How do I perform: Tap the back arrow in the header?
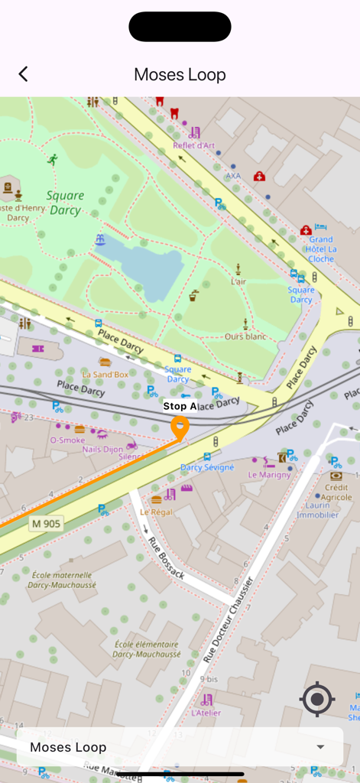point(23,74)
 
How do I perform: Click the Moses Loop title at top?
point(180,74)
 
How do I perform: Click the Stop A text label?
point(180,406)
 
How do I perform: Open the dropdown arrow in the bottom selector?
point(320,747)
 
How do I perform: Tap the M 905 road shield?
point(47,524)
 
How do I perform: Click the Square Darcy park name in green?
point(65,203)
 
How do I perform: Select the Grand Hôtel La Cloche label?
point(321,249)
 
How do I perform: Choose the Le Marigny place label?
point(269,475)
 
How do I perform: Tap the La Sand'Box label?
point(105,375)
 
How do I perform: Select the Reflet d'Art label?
point(194,146)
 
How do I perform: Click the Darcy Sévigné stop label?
point(207,467)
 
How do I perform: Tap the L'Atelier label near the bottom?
point(206,713)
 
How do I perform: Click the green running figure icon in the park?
point(53,160)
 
